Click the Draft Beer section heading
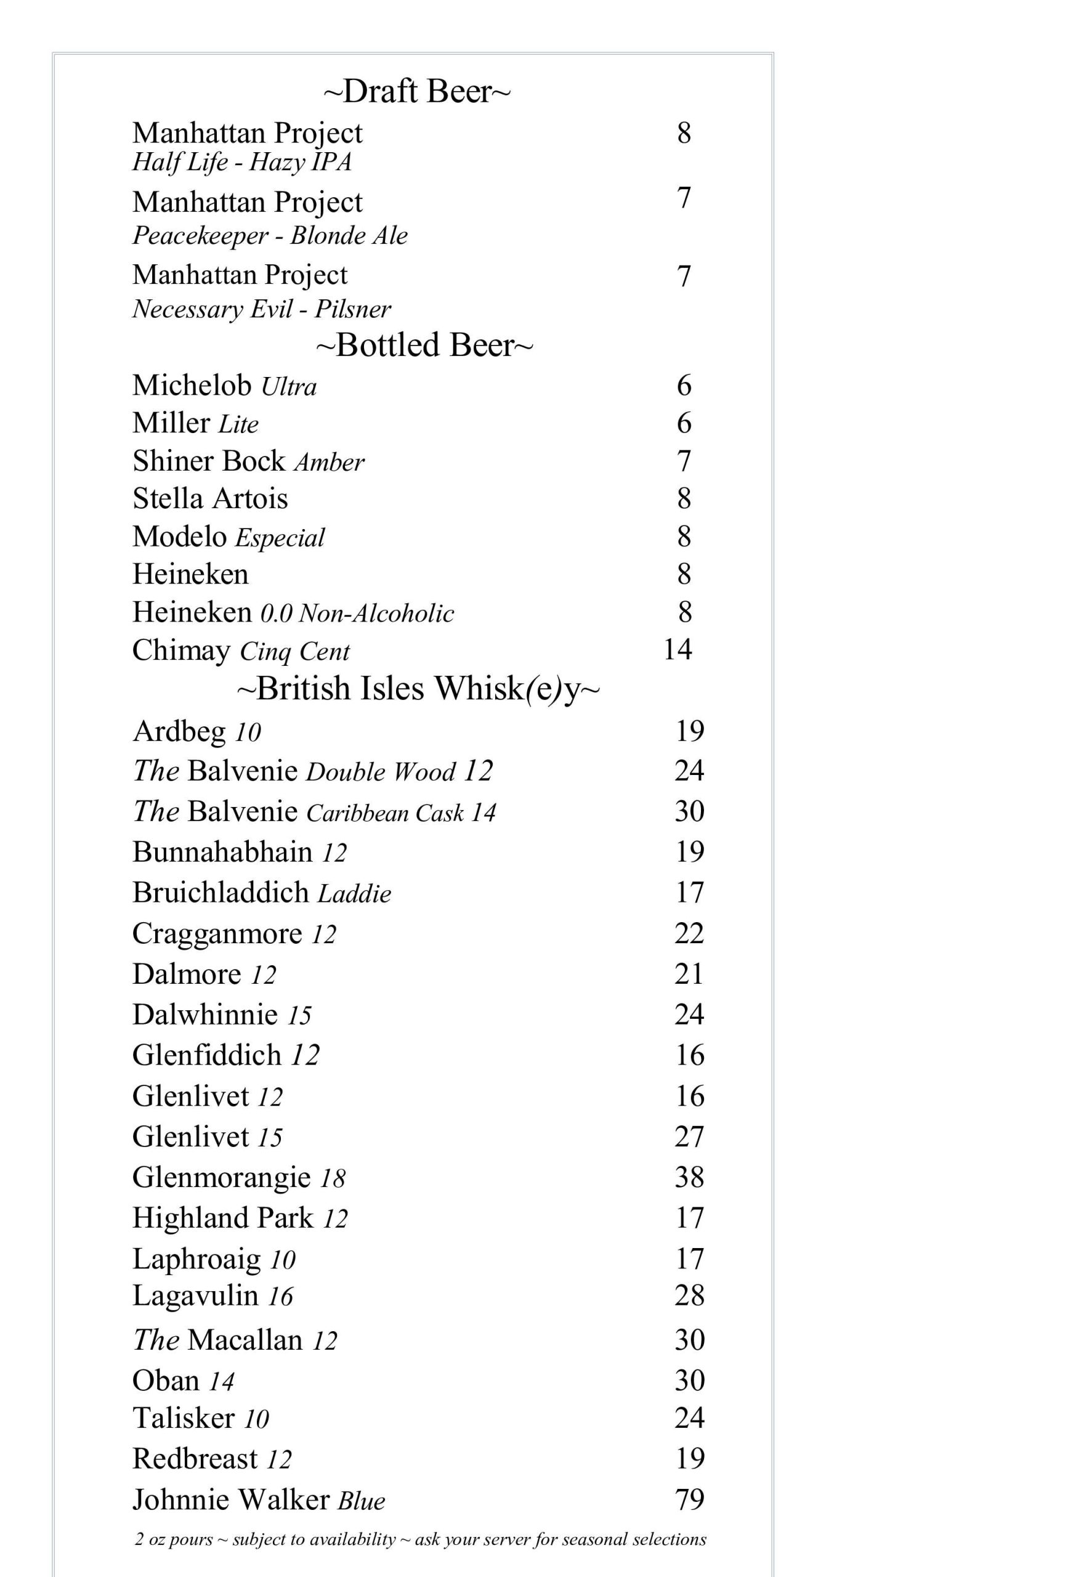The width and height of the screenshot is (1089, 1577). coord(416,91)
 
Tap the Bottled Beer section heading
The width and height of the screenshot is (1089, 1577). coord(424,346)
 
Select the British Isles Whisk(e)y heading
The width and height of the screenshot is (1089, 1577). coord(418,689)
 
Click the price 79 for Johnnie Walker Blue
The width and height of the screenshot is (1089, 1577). coord(689,1499)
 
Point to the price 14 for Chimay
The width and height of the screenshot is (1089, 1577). coord(678,650)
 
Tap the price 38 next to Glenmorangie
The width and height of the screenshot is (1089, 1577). coord(689,1177)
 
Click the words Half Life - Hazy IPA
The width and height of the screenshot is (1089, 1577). coord(241,163)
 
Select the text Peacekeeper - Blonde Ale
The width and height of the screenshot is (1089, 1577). coord(270,236)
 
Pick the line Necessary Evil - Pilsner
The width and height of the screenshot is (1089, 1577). coord(261,310)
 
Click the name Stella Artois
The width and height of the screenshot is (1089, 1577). coord(210,499)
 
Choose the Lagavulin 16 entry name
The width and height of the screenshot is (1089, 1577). coord(213,1296)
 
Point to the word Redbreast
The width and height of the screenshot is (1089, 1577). coord(195,1459)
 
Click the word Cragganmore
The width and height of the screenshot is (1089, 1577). coord(217,933)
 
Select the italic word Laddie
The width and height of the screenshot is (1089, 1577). coord(355,894)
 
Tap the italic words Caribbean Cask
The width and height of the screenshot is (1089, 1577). coord(385,813)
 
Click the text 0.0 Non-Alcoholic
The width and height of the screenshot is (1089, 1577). coord(357,614)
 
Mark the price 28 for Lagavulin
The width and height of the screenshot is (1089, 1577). coord(689,1295)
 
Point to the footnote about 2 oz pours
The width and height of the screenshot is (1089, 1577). coord(420,1539)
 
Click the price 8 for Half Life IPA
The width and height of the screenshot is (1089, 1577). coord(684,133)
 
